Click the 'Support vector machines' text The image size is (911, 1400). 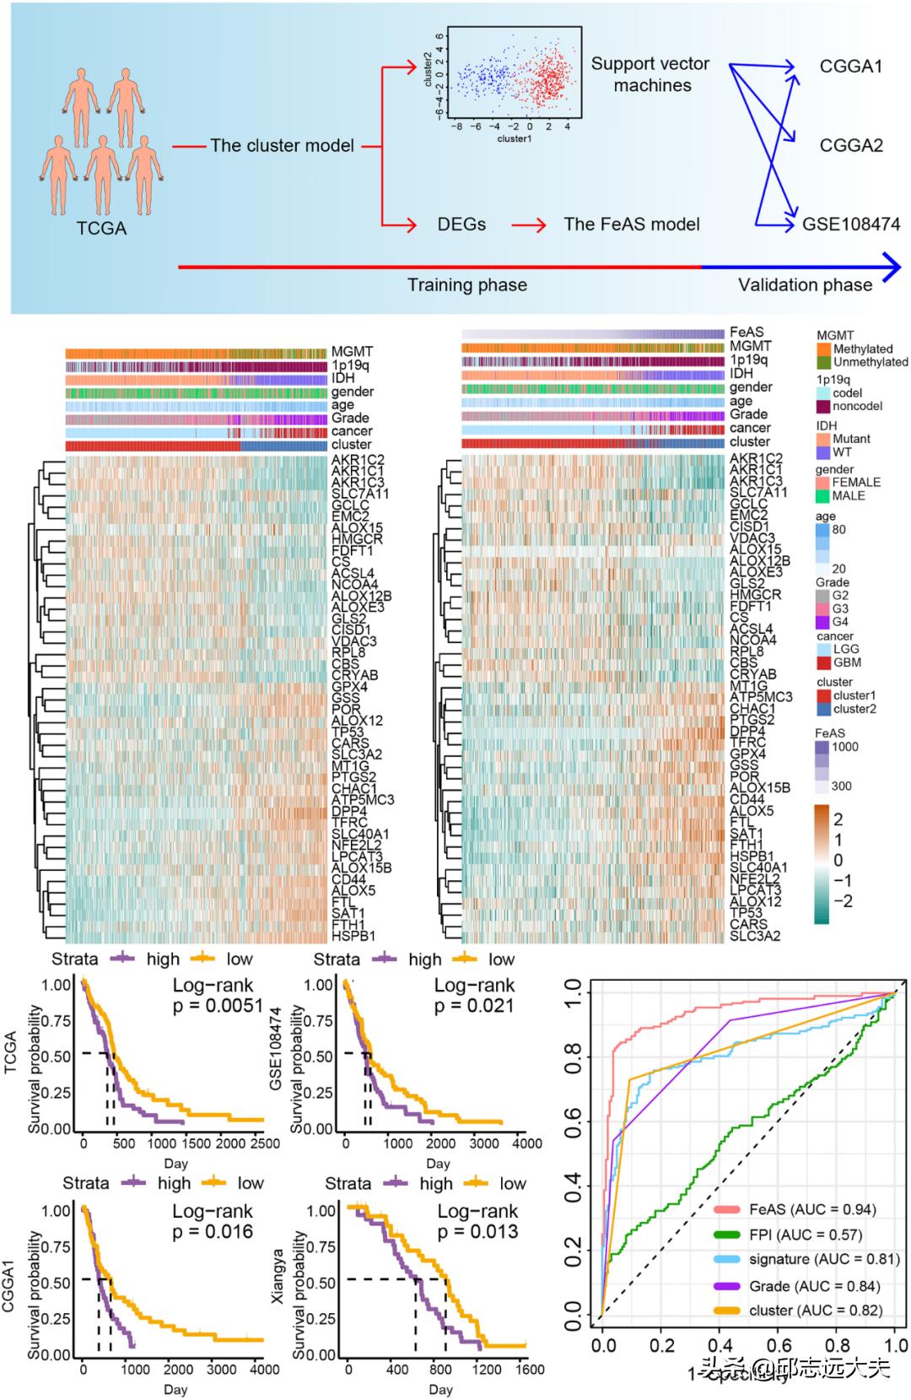(650, 74)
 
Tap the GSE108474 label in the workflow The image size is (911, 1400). (850, 224)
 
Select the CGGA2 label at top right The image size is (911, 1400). (850, 145)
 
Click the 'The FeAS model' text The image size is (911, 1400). (632, 224)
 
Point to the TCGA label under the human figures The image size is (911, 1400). (101, 229)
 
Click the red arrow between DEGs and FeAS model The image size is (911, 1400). (528, 225)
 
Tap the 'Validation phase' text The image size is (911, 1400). (805, 285)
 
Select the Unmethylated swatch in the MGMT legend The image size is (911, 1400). (824, 362)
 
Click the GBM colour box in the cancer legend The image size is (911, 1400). (824, 662)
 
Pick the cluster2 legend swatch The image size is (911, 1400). (824, 709)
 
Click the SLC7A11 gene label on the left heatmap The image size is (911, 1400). (360, 494)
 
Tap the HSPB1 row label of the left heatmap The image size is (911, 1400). (353, 936)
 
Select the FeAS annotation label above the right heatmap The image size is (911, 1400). (747, 332)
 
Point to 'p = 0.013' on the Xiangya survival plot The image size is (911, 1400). (477, 1231)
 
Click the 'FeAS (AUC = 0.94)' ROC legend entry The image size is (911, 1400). (811, 1209)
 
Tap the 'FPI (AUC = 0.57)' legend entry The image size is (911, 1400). (805, 1235)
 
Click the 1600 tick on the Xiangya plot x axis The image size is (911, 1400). (530, 1369)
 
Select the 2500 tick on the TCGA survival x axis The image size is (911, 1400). (265, 1143)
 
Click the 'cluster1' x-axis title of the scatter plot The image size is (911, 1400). (514, 138)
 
